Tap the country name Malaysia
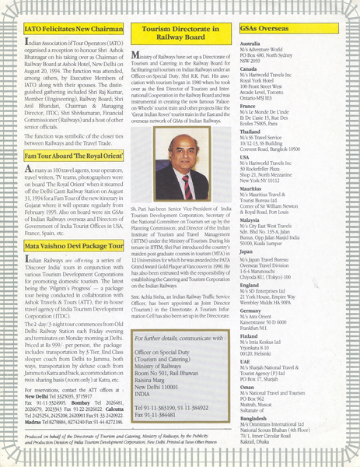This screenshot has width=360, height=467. tap(253, 219)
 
